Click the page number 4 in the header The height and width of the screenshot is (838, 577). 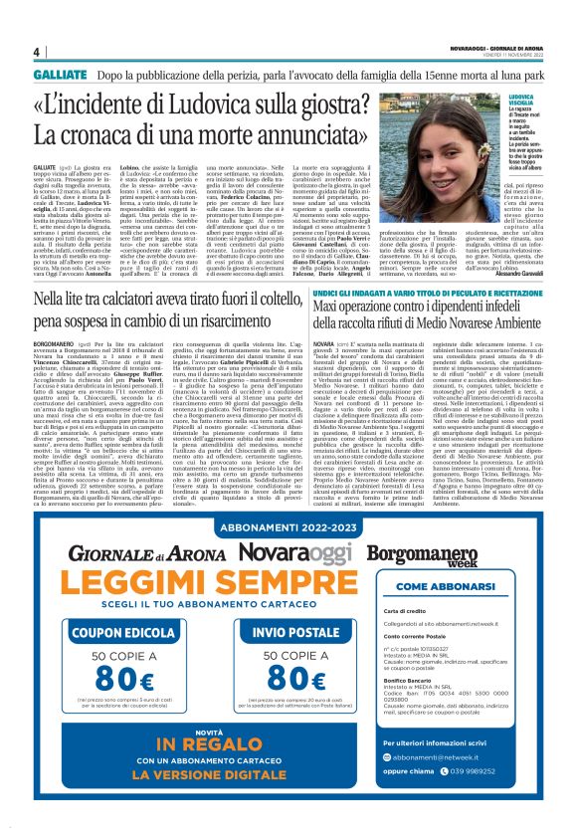tap(36, 52)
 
